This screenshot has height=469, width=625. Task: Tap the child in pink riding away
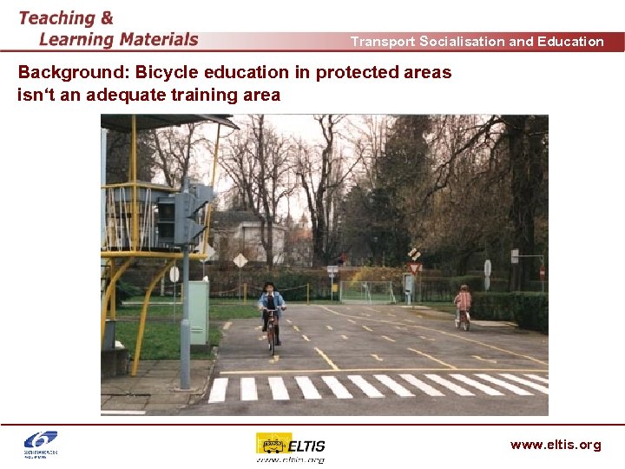tap(464, 304)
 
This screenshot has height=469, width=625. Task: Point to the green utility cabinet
tap(198, 311)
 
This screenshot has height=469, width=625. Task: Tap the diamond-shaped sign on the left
tap(240, 260)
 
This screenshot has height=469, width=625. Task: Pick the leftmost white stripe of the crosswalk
tap(218, 389)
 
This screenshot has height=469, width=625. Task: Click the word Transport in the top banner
tap(382, 41)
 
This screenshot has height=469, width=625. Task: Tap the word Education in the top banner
tap(570, 41)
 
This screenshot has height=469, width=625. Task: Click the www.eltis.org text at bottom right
tap(555, 445)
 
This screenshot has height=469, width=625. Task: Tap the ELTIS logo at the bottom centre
tap(290, 446)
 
